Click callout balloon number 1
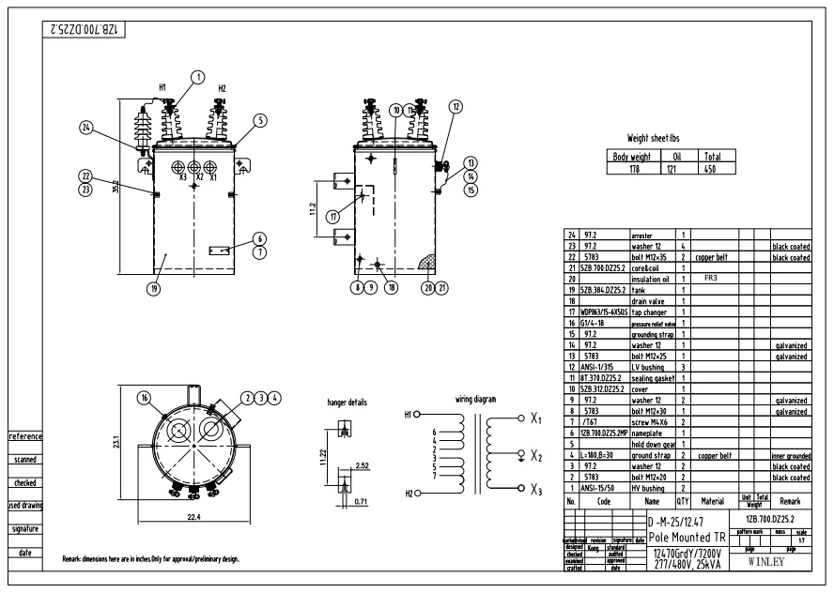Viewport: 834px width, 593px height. [198, 77]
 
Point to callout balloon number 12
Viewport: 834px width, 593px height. [456, 107]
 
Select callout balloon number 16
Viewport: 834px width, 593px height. [145, 398]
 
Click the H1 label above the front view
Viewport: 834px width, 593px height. [162, 87]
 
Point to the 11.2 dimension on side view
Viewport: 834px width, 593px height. [314, 206]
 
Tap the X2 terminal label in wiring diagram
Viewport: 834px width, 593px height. [536, 456]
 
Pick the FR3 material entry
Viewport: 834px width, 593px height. [710, 279]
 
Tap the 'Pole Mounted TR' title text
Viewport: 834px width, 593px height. [687, 538]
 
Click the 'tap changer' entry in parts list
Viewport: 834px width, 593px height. [649, 312]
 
